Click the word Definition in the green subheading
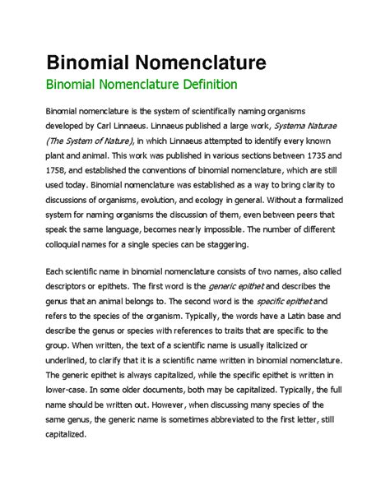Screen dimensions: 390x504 [206, 85]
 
